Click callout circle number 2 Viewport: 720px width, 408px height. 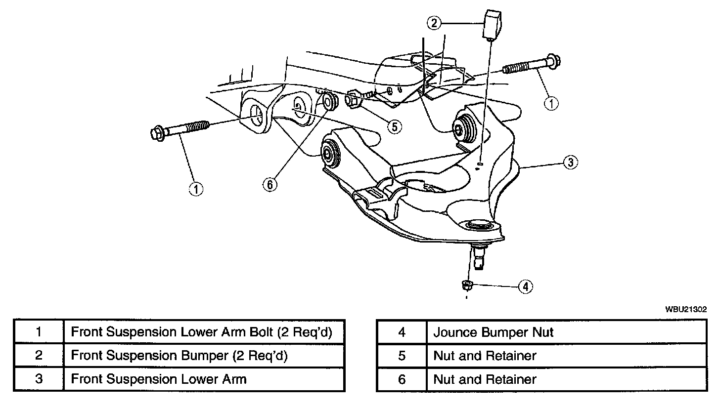click(x=434, y=23)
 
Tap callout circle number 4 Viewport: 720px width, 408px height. click(x=526, y=286)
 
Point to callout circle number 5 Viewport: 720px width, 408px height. click(x=394, y=126)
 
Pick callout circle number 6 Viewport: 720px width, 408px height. click(x=270, y=185)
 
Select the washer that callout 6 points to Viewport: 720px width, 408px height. click(x=329, y=102)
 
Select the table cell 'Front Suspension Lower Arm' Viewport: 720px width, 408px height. click(x=204, y=379)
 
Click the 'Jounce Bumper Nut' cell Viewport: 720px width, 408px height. click(x=566, y=332)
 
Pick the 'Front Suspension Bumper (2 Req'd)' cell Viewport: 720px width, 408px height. click(x=204, y=356)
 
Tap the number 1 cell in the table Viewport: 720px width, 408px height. click(x=39, y=332)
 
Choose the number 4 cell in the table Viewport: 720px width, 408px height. click(x=401, y=332)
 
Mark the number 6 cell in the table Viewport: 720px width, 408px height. click(x=401, y=379)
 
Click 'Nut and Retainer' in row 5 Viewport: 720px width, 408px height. click(x=566, y=356)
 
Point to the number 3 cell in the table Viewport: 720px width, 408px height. click(x=39, y=379)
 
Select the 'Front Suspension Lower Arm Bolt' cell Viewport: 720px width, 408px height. click(x=204, y=332)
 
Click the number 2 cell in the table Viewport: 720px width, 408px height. click(x=39, y=356)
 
